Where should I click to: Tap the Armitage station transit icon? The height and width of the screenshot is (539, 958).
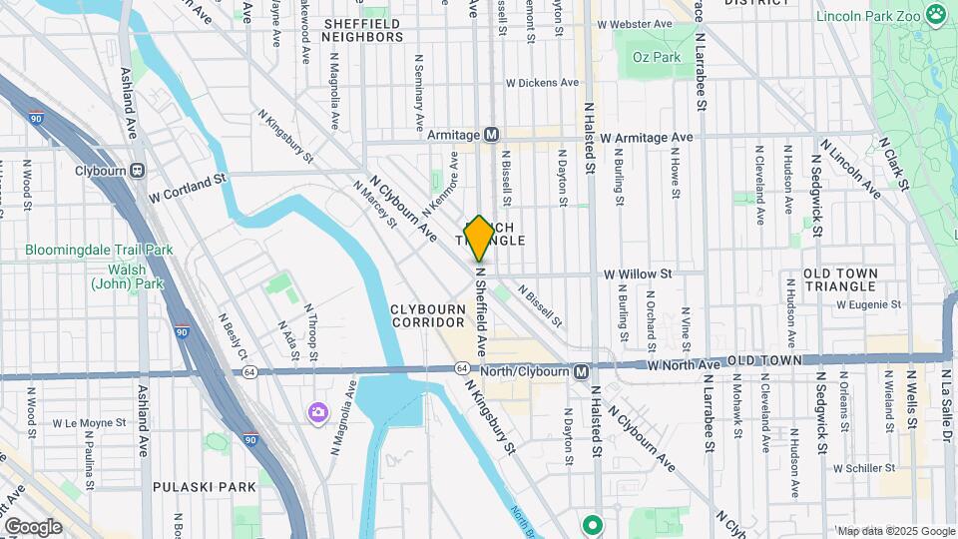pyautogui.click(x=491, y=135)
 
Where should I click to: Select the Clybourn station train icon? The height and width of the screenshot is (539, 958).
pyautogui.click(x=136, y=171)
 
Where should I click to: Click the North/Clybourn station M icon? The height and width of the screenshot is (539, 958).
pyautogui.click(x=581, y=371)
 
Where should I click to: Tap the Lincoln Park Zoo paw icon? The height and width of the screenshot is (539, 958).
pyautogui.click(x=935, y=15)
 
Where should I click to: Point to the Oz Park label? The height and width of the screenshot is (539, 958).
pyautogui.click(x=656, y=57)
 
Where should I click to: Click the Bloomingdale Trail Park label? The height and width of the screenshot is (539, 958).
pyautogui.click(x=100, y=250)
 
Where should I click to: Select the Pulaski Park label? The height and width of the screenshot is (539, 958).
pyautogui.click(x=205, y=487)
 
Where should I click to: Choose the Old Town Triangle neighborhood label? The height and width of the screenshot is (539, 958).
pyautogui.click(x=840, y=280)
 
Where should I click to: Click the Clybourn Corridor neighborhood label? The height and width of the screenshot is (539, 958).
pyautogui.click(x=429, y=315)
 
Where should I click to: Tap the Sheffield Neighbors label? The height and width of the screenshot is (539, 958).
pyautogui.click(x=362, y=29)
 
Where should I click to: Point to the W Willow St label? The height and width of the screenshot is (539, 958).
pyautogui.click(x=638, y=272)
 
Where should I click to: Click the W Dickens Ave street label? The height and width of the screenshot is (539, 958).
pyautogui.click(x=542, y=83)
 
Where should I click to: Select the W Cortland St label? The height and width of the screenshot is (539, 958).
pyautogui.click(x=189, y=189)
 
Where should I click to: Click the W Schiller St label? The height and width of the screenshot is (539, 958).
pyautogui.click(x=862, y=467)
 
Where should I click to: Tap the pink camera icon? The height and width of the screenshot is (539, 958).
pyautogui.click(x=318, y=412)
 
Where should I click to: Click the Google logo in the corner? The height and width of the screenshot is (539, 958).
pyautogui.click(x=33, y=526)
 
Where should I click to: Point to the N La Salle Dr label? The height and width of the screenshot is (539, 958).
pyautogui.click(x=946, y=399)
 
